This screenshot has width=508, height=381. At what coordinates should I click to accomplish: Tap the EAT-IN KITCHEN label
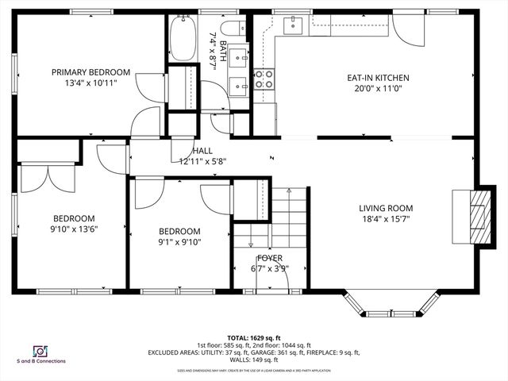378,78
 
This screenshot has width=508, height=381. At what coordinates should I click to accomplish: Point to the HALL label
202,150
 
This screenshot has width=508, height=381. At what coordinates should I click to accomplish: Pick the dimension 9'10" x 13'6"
74,229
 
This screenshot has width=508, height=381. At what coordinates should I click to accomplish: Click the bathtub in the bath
182,38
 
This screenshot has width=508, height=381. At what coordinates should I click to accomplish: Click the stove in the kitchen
264,78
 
